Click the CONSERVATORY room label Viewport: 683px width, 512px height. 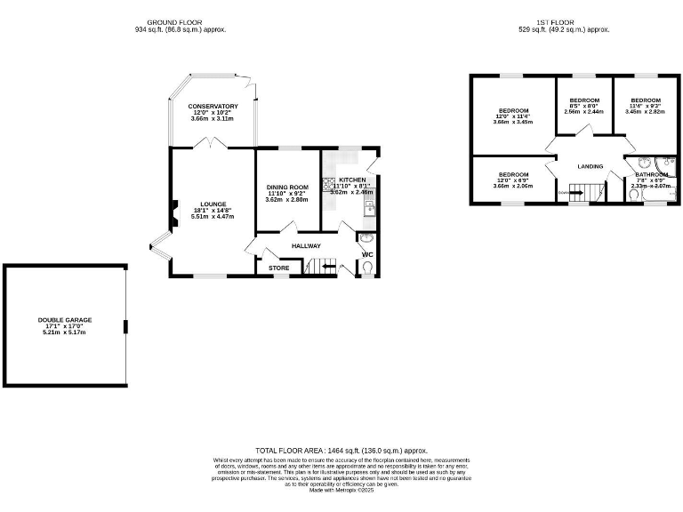pyautogui.click(x=213, y=107)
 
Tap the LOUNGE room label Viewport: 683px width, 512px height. pyautogui.click(x=213, y=204)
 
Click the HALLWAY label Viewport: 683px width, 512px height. pyautogui.click(x=305, y=245)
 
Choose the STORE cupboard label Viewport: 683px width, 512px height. pyautogui.click(x=278, y=267)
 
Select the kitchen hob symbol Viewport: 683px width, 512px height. pyautogui.click(x=328, y=188)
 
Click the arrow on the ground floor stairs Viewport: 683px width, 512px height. pyautogui.click(x=330, y=266)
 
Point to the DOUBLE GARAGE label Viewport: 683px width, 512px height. pyautogui.click(x=65, y=320)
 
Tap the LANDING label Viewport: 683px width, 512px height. pyautogui.click(x=591, y=166)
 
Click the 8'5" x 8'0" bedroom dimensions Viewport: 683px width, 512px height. pyautogui.click(x=584, y=106)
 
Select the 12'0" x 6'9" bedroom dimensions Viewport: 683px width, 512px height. pyautogui.click(x=513, y=180)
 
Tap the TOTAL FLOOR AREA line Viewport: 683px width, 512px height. pyautogui.click(x=341, y=451)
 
